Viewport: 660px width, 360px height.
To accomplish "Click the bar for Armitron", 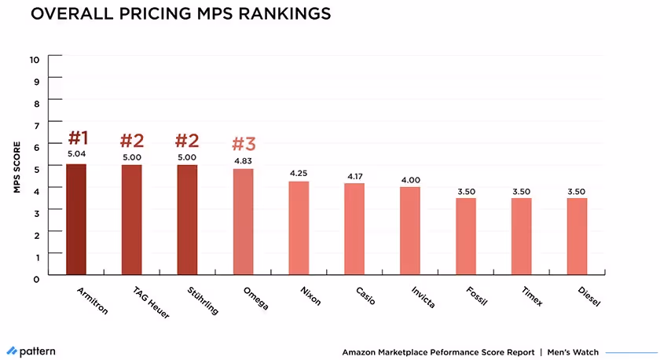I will (x=76, y=219).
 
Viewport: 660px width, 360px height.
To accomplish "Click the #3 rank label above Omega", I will (x=244, y=144).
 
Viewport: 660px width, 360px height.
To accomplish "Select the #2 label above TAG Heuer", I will (x=132, y=141).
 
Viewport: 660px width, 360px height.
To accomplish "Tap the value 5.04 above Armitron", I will (x=76, y=155).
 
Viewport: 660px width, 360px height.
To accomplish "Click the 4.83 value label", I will (x=244, y=160).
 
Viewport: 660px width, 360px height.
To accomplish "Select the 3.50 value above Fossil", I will (x=466, y=189).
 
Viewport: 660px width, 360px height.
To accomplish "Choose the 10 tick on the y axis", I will (x=34, y=59).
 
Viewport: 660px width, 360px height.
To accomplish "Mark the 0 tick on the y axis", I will (x=35, y=278).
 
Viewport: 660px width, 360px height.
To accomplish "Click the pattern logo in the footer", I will (x=31, y=351).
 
